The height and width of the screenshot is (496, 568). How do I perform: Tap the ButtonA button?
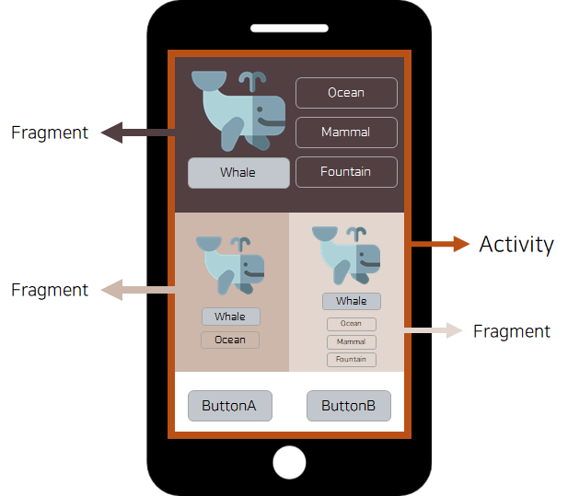click(229, 406)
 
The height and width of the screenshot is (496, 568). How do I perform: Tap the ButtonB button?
click(348, 406)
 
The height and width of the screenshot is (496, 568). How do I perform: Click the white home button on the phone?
click(289, 462)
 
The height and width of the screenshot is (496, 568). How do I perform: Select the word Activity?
click(516, 244)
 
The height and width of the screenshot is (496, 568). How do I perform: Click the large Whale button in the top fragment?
click(238, 172)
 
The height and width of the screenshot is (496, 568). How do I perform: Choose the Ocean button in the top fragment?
click(346, 93)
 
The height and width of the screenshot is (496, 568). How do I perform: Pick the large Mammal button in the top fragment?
click(346, 133)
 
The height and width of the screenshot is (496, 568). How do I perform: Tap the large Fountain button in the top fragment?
click(346, 172)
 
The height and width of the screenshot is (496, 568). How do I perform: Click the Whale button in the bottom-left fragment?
click(230, 317)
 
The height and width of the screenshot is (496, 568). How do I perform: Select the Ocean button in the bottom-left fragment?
click(230, 340)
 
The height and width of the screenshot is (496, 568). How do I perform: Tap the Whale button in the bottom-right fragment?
click(351, 301)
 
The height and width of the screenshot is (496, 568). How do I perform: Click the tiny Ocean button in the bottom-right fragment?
click(351, 324)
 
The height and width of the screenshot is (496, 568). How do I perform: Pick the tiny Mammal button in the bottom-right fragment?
click(351, 342)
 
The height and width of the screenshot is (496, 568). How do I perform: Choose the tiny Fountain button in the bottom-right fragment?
click(351, 360)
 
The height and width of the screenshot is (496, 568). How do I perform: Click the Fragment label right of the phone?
click(511, 331)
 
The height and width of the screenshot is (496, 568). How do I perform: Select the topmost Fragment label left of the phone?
click(50, 133)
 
